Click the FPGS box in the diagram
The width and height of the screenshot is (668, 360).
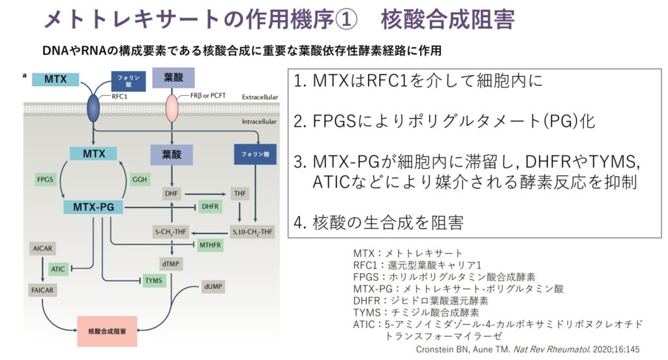[46, 178]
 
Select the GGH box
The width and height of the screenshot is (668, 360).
[139, 178]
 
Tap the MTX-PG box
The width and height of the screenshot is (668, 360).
[94, 207]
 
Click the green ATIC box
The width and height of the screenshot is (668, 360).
[58, 268]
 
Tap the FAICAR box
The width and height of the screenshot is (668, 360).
[41, 288]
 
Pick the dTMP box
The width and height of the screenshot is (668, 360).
[171, 262]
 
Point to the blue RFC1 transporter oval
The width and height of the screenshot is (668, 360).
[93, 106]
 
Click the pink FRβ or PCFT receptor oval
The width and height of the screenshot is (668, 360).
[171, 106]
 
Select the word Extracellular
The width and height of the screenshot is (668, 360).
[260, 97]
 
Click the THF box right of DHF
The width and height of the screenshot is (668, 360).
[240, 194]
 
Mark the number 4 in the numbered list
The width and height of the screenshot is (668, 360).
[299, 223]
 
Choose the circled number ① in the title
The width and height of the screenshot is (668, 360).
[344, 20]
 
